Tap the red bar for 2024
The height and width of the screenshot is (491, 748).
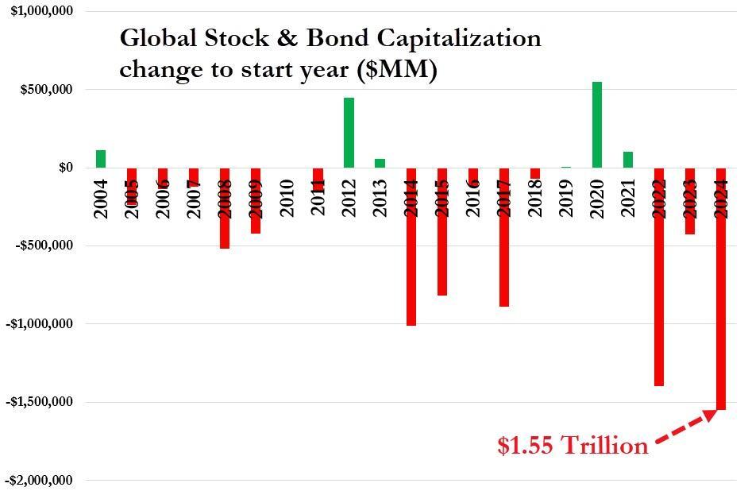coord(722,318)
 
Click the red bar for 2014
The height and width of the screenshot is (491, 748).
coord(411,262)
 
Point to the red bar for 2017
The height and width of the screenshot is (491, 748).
coord(504,254)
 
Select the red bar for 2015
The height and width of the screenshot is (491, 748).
coord(442,246)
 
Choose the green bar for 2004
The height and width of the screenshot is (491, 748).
coord(101,159)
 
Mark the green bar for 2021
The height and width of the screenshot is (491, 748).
coord(628,160)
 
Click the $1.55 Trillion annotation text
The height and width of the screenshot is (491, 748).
coord(573,447)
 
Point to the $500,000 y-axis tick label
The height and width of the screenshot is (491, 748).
coord(46,90)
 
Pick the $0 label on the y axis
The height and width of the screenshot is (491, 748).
coord(65,168)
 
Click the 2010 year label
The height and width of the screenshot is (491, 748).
coord(287,198)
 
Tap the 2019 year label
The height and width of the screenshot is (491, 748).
coord(566,198)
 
